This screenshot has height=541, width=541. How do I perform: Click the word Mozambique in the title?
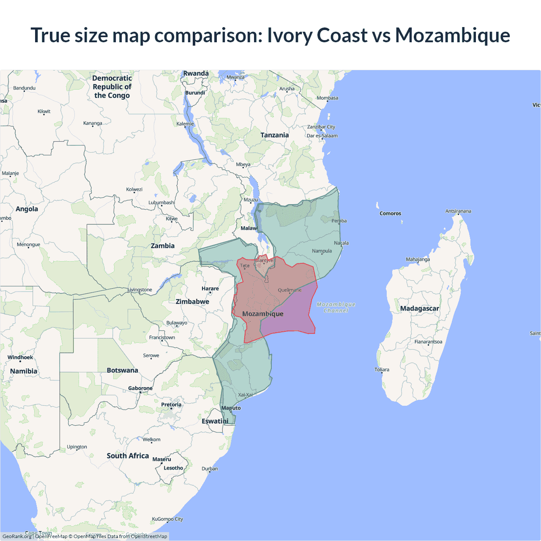(x=452, y=35)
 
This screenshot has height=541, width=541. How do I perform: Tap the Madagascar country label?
(x=419, y=309)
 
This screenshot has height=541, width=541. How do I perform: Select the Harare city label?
(x=210, y=289)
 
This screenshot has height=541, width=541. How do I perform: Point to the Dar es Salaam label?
(x=322, y=136)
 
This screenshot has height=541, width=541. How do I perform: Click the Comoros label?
(x=390, y=213)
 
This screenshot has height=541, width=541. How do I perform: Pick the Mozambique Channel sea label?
(x=336, y=307)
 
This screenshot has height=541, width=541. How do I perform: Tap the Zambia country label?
(x=163, y=246)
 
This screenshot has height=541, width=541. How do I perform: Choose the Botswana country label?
(x=122, y=370)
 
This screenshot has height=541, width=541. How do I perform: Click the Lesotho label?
(x=173, y=468)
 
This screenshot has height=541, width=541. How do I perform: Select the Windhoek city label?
(x=20, y=358)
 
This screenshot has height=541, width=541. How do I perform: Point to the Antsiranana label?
(x=458, y=211)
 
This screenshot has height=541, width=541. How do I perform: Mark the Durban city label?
(x=210, y=468)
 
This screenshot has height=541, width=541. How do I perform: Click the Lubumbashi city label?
(x=161, y=202)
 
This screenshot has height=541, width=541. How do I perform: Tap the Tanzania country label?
(x=274, y=135)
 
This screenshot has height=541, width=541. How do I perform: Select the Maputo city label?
(x=231, y=408)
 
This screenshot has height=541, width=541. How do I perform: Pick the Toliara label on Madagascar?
(x=382, y=369)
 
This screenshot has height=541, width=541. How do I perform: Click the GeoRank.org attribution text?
(x=17, y=536)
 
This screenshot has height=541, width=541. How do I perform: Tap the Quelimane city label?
(x=290, y=290)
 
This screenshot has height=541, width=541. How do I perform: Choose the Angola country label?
(x=27, y=209)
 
